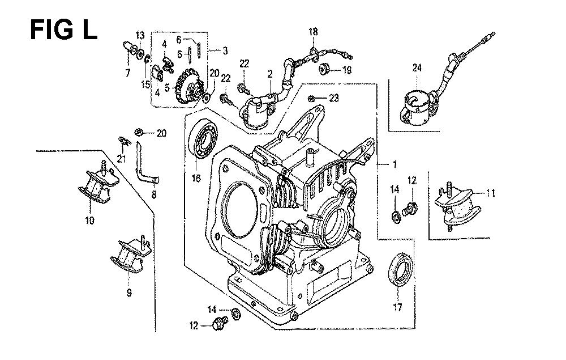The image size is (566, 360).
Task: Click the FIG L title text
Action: pyautogui.click(x=63, y=29)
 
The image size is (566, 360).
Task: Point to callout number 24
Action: pyautogui.click(x=417, y=69)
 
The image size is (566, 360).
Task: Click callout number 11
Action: pyautogui.click(x=490, y=193)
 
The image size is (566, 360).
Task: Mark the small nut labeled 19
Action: pyautogui.click(x=325, y=70)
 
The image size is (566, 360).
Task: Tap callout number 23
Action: pyautogui.click(x=333, y=98)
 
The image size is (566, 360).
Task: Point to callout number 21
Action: pyautogui.click(x=120, y=158)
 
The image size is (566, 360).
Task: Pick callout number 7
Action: pyautogui.click(x=127, y=72)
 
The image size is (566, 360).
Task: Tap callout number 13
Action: pyautogui.click(x=140, y=36)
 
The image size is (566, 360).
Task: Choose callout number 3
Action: pyautogui.click(x=225, y=51)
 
